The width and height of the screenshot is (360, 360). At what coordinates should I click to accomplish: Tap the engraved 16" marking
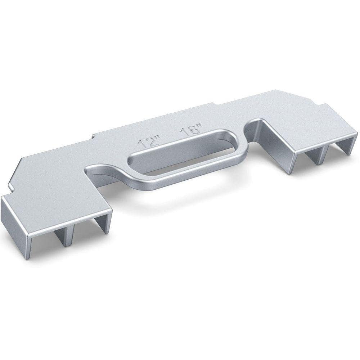(191, 131)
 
